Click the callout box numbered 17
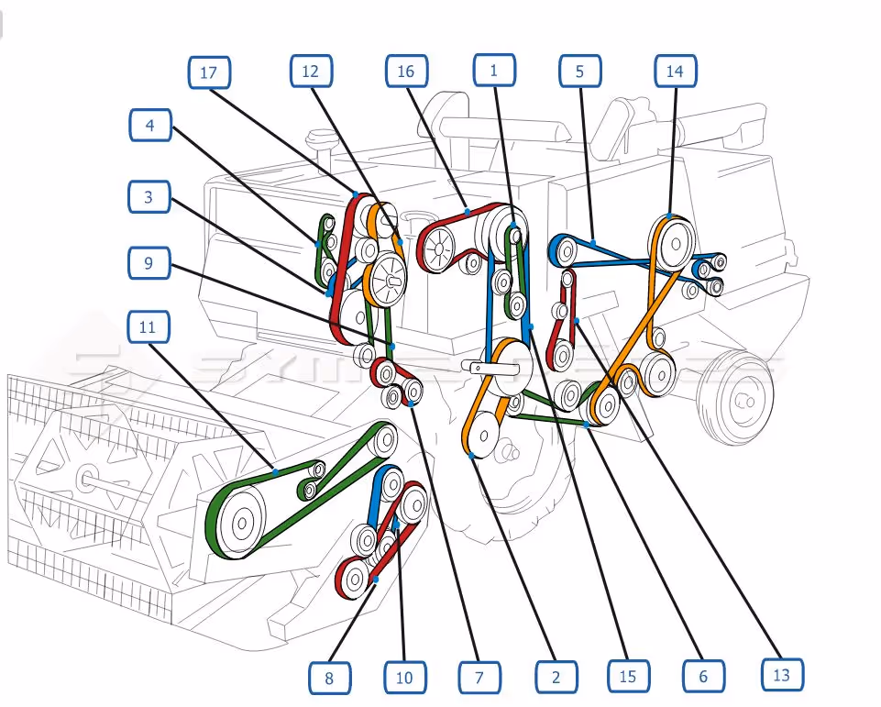pyautogui.click(x=210, y=72)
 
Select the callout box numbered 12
pyautogui.click(x=311, y=71)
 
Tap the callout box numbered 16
pyautogui.click(x=406, y=71)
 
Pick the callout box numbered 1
pyautogui.click(x=494, y=70)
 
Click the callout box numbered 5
pyautogui.click(x=580, y=70)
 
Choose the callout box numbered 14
pyautogui.click(x=676, y=71)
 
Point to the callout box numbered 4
pyautogui.click(x=150, y=126)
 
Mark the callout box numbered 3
pyautogui.click(x=149, y=196)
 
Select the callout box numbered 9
pyautogui.click(x=149, y=264)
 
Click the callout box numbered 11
pyautogui.click(x=149, y=327)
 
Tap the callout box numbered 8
pyautogui.click(x=329, y=679)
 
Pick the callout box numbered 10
pyautogui.click(x=404, y=679)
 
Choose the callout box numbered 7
pyautogui.click(x=479, y=679)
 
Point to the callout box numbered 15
pyautogui.click(x=627, y=677)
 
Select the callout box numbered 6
pyautogui.click(x=703, y=677)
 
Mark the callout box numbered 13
pyautogui.click(x=782, y=675)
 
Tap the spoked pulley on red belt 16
pyautogui.click(x=438, y=247)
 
